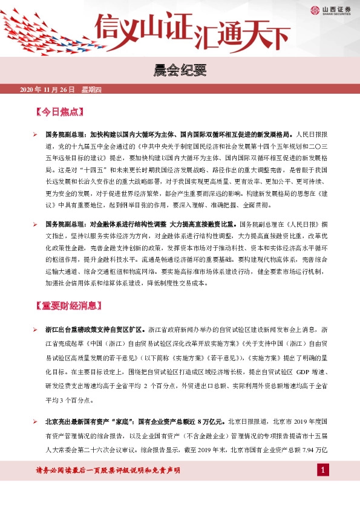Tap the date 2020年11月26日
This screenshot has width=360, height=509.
pos(47,90)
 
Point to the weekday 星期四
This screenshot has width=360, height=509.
pos(91,90)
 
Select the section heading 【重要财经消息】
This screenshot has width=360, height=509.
pos(70,305)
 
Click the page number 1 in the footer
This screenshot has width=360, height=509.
pos(324,470)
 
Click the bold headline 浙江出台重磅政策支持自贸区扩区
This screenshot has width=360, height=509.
pos(94,330)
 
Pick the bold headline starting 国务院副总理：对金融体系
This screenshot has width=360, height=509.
pos(142,224)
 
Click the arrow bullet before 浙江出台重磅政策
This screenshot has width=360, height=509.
pos(36,330)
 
